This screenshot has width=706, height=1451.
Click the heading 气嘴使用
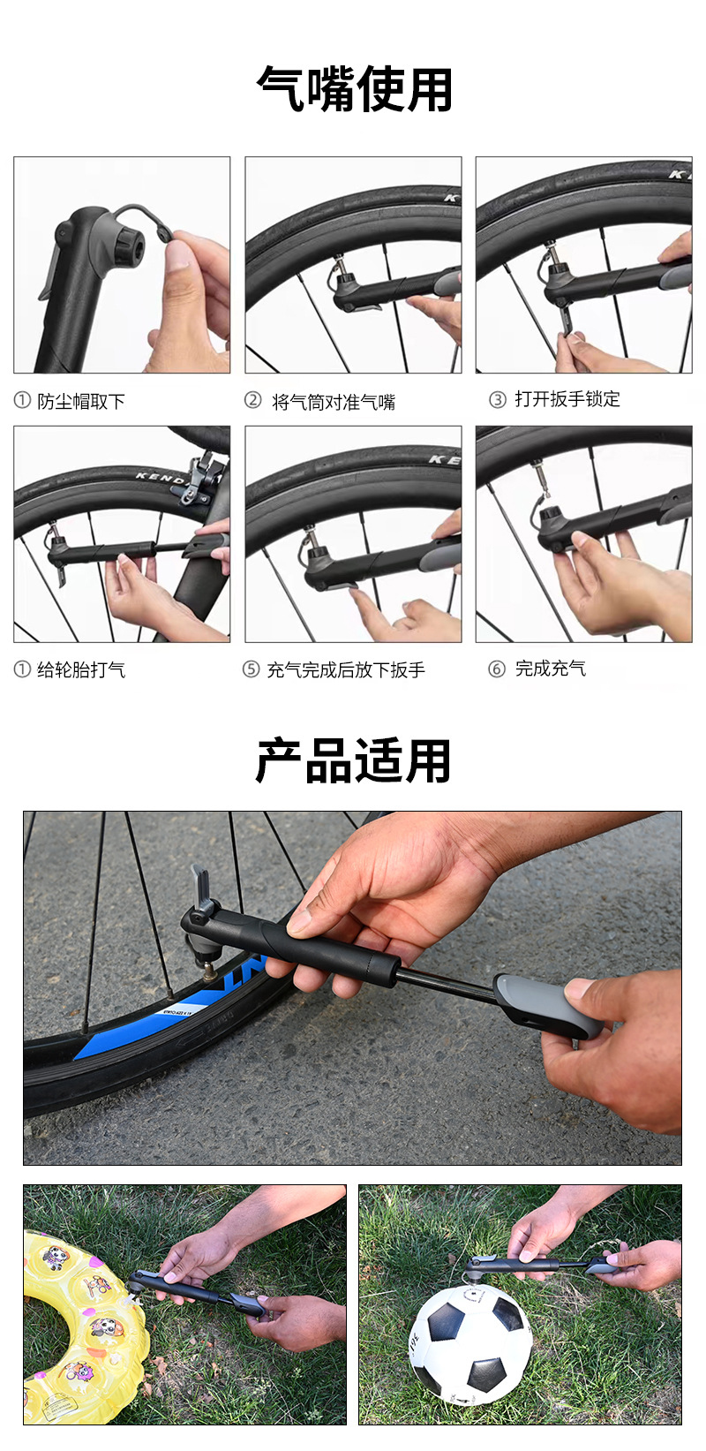click(353, 88)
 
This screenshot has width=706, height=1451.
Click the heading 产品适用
click(353, 760)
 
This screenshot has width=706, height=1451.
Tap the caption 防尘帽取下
click(81, 402)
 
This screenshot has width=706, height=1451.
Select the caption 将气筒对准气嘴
click(334, 402)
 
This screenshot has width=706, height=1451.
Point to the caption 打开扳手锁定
click(567, 399)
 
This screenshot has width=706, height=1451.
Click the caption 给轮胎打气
click(81, 669)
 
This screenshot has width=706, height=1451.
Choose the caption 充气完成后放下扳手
click(346, 669)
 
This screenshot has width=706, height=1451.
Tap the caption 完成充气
click(551, 669)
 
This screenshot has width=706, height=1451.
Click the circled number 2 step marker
click(252, 400)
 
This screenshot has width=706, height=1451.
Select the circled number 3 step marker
click(497, 400)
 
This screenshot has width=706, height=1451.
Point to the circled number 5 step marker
click(252, 669)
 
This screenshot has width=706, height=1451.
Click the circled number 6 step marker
click(496, 669)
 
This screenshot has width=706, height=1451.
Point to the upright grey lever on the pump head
click(203, 888)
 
